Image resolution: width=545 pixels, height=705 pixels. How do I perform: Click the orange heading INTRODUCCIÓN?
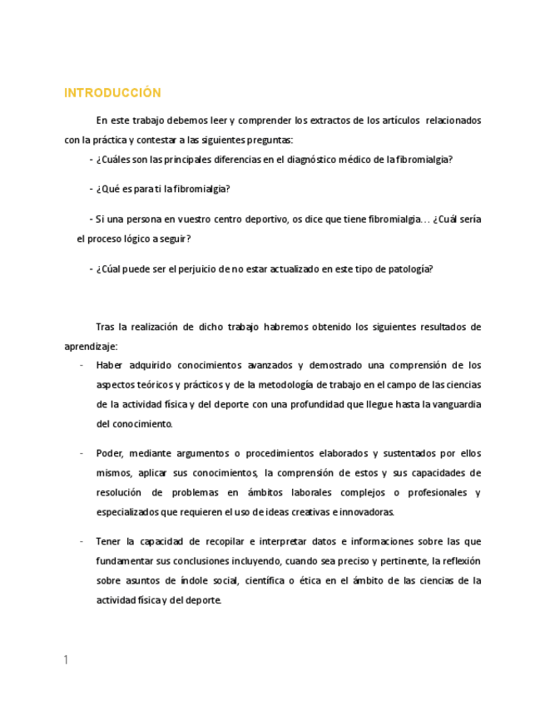point(112,93)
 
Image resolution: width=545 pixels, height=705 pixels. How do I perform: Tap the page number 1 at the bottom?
point(66,660)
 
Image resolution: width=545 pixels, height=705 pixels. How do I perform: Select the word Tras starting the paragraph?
point(106,327)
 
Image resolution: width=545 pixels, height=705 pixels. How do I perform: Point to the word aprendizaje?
point(91,346)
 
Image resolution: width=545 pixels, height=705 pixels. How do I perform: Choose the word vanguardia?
point(456,404)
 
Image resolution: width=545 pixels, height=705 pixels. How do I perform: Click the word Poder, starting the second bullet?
point(110,453)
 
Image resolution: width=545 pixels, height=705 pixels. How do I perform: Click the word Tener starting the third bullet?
point(109,541)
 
